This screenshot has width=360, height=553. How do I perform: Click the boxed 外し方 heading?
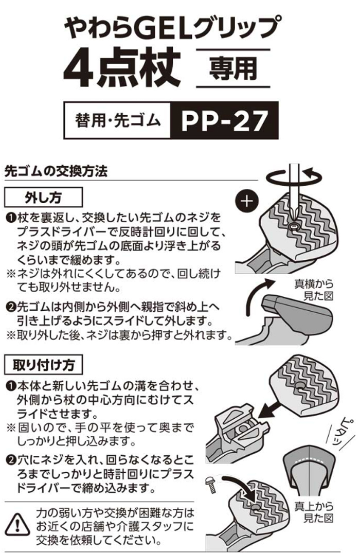43,197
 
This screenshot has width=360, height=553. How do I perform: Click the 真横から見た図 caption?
314,289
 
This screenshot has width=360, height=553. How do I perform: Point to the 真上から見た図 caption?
314,511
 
